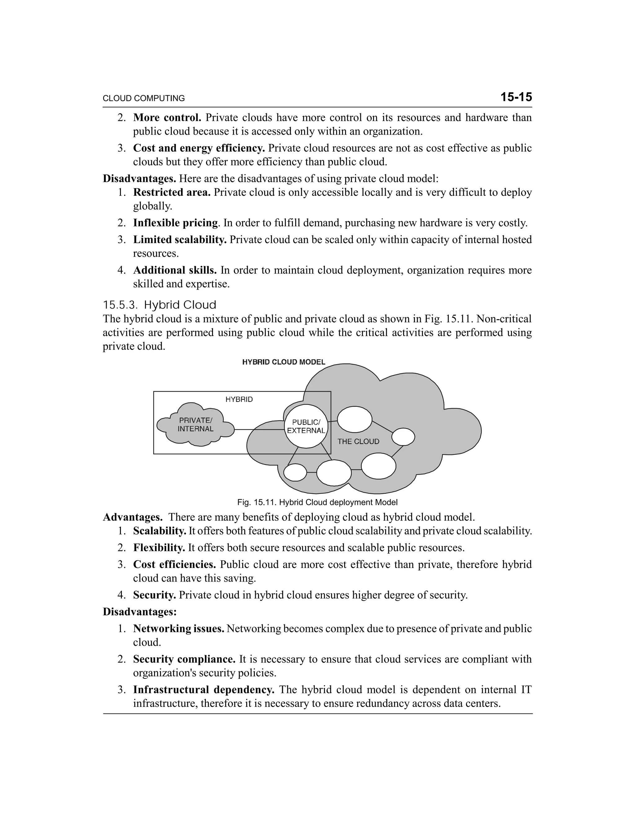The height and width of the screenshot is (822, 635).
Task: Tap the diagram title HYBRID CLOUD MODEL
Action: coord(284,362)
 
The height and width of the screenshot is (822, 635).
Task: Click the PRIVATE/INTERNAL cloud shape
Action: coord(195,425)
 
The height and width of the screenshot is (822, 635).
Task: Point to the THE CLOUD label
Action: coord(358,441)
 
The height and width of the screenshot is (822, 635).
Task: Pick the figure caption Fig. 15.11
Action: coord(317,502)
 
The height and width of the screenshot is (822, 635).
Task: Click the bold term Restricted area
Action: coord(171,192)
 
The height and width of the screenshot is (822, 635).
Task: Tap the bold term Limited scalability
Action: coord(180,240)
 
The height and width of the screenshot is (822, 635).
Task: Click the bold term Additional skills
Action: coord(175,270)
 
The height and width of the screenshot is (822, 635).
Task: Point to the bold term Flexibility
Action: coord(159,547)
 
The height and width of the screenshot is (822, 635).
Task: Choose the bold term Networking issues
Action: coord(179,628)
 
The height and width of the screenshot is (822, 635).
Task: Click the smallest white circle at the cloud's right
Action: coord(403,437)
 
